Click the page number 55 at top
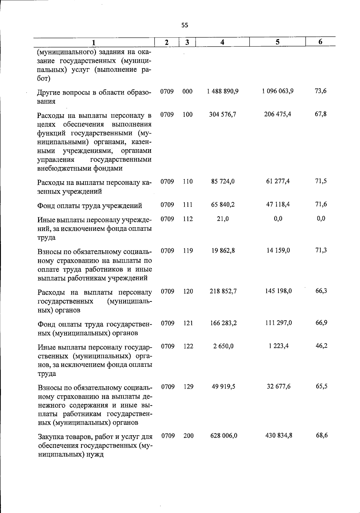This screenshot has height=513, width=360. click(185, 26)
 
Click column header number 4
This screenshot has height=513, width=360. click(222, 42)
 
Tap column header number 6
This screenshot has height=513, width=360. click(320, 42)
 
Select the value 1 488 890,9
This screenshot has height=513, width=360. click(223, 91)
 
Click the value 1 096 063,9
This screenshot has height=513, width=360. click(278, 91)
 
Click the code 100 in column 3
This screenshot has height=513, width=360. click(187, 114)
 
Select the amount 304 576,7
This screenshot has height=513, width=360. click(223, 114)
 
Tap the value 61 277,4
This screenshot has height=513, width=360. click(278, 181)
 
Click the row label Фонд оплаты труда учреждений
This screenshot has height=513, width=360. click(90, 206)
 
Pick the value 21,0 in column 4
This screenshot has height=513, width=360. click(223, 219)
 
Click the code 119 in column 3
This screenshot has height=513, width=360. click(187, 251)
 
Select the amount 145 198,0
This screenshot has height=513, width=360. click(278, 291)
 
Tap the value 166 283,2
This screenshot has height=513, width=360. click(223, 323)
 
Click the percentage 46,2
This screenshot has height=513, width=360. click(321, 346)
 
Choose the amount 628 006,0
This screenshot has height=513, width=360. click(224, 436)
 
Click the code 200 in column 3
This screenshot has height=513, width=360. click(188, 436)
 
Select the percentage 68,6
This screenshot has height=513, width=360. click(322, 435)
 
